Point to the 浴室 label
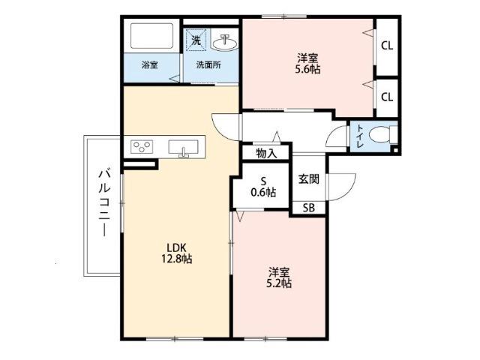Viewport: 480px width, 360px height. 150,64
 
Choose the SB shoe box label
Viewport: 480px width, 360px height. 308,208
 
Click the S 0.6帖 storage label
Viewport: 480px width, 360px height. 263,186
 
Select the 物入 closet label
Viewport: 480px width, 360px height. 265,153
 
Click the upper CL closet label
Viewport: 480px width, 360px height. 387,45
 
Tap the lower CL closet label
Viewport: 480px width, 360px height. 387,96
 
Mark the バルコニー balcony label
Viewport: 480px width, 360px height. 102,204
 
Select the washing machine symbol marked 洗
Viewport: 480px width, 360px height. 195,37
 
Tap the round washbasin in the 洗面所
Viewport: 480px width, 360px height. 224,41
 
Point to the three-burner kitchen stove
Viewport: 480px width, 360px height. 142,147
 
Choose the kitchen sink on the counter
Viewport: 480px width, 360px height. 184,147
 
